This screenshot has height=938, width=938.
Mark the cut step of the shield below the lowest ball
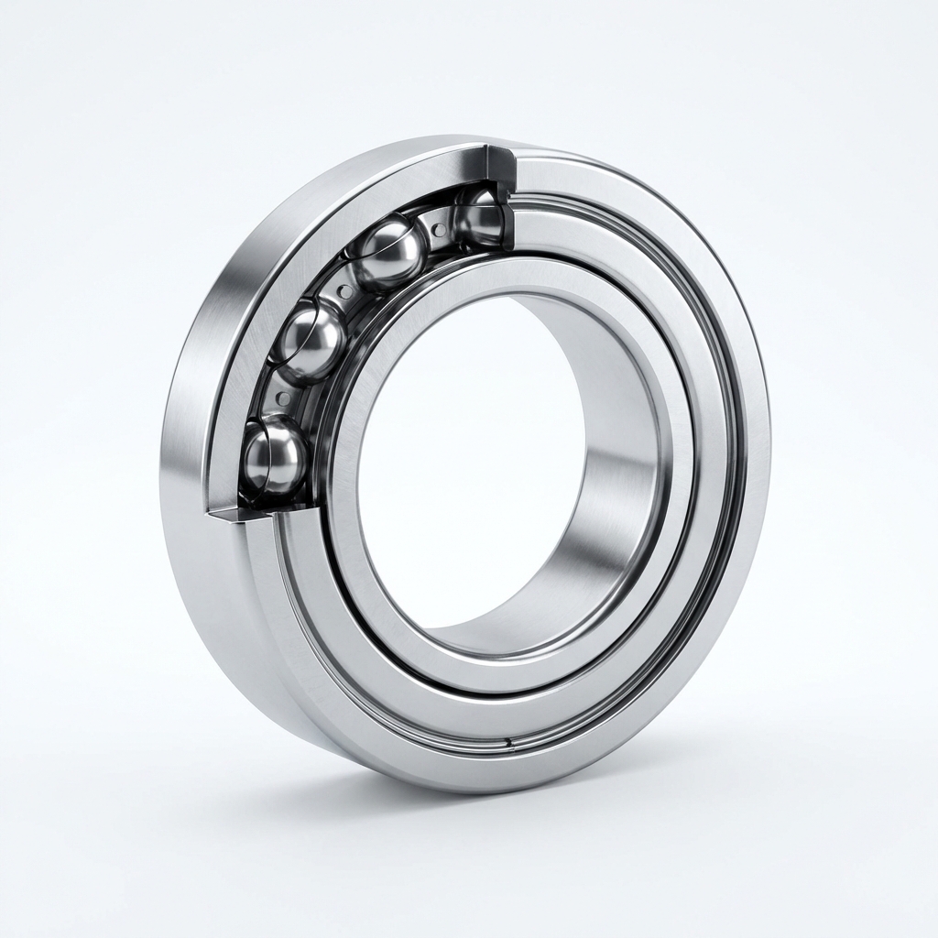coord(240,518)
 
